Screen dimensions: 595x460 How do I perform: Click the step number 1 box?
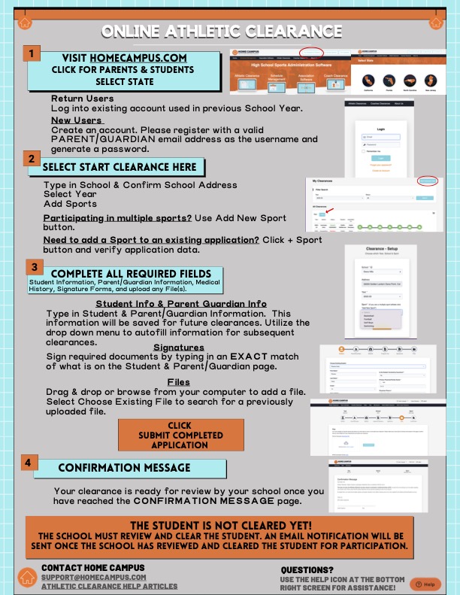[31, 54]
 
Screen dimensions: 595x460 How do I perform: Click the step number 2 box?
[31, 159]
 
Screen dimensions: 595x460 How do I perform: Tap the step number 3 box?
[35, 267]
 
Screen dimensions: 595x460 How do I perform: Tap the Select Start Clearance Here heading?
[120, 166]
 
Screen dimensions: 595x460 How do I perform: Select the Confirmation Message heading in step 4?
[125, 468]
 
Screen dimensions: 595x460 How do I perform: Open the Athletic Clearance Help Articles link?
[110, 586]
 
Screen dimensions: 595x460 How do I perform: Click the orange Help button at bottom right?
[425, 584]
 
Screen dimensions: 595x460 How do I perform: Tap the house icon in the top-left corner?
[26, 23]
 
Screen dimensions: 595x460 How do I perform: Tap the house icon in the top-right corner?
[435, 23]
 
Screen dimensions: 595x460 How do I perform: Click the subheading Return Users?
[83, 99]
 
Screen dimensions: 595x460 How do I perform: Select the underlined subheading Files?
[178, 382]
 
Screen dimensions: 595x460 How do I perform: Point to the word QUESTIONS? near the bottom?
[307, 570]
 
